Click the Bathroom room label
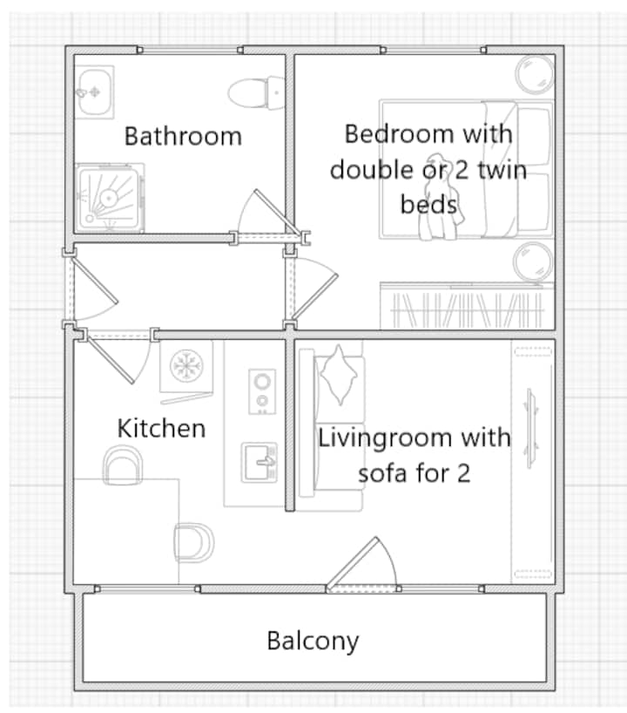pyautogui.click(x=183, y=136)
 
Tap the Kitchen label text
pyautogui.click(x=161, y=428)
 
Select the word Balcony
pyautogui.click(x=313, y=642)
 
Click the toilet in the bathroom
pyautogui.click(x=256, y=92)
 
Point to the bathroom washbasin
pyautogui.click(x=94, y=92)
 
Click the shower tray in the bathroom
pyautogui.click(x=109, y=198)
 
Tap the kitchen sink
pyautogui.click(x=260, y=463)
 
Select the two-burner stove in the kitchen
pyautogui.click(x=262, y=391)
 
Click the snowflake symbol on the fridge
pyautogui.click(x=186, y=365)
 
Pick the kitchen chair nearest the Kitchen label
pyautogui.click(x=123, y=465)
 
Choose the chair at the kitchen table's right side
pyautogui.click(x=194, y=542)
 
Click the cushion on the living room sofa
pyautogui.click(x=339, y=375)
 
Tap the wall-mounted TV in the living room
pyautogui.click(x=531, y=428)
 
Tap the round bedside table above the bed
pyautogui.click(x=535, y=75)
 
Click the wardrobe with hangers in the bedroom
pyautogui.click(x=467, y=306)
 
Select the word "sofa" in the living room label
pyautogui.click(x=382, y=473)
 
